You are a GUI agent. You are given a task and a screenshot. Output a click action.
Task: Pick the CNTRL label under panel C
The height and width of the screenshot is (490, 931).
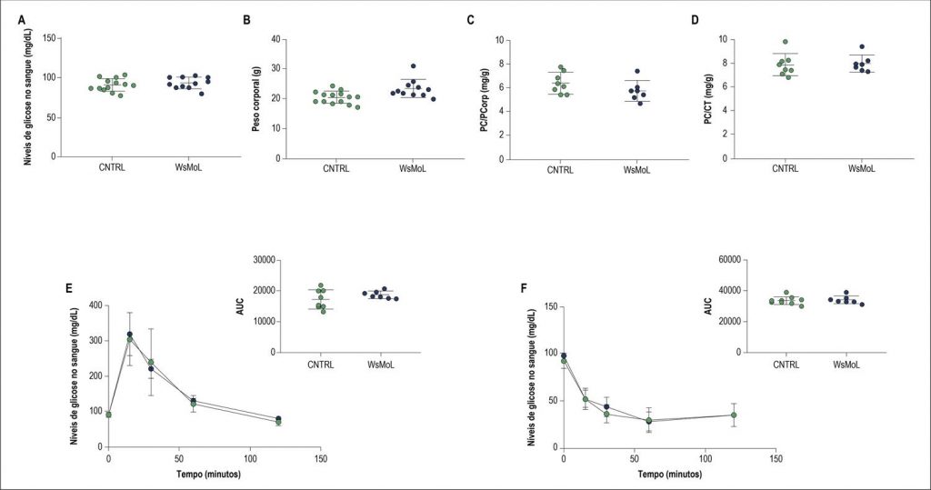tap(562, 171)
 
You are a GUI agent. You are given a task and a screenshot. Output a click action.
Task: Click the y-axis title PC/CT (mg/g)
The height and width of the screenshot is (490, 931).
tap(708, 98)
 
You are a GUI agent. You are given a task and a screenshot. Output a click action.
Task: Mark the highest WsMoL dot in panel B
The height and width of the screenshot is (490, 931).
tap(413, 66)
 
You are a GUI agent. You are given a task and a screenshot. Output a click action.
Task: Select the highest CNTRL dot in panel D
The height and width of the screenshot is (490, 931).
tap(786, 42)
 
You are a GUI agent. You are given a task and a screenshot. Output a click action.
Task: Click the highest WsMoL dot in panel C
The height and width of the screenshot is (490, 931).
tap(637, 71)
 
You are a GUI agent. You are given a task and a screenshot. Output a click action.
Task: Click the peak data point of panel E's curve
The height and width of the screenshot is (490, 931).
tap(130, 335)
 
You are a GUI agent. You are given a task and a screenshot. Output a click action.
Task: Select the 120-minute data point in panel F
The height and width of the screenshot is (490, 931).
tap(734, 415)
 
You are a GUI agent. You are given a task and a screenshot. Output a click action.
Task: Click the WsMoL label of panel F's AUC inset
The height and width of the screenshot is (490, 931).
tap(846, 365)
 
